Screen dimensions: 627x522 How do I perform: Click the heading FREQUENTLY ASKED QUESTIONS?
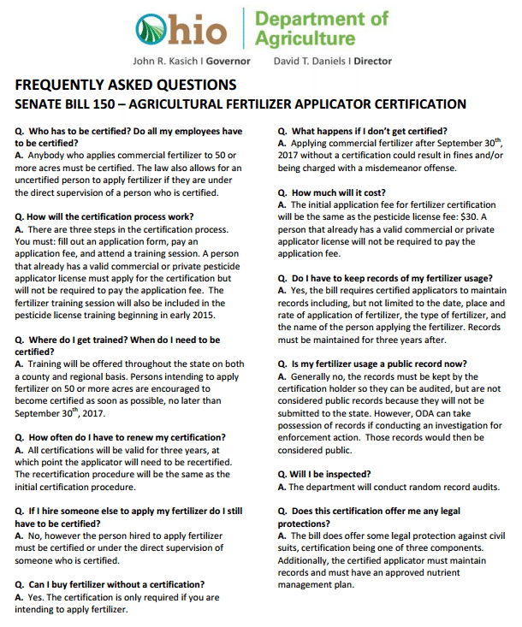tap(125, 85)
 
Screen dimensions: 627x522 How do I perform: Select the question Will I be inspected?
tap(329, 473)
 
